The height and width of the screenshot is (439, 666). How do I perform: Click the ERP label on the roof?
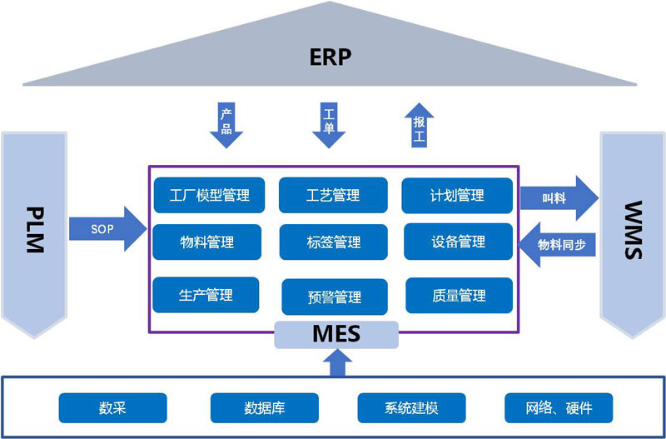pyautogui.click(x=331, y=57)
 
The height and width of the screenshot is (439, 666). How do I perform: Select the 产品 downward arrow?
pyautogui.click(x=226, y=124)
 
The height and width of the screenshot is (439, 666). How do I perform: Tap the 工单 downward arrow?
pyautogui.click(x=329, y=124)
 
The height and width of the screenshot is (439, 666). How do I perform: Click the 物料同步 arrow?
pyautogui.click(x=556, y=244)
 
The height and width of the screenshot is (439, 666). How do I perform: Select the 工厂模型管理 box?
pyautogui.click(x=209, y=196)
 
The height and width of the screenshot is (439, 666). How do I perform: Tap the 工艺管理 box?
pyautogui.click(x=333, y=196)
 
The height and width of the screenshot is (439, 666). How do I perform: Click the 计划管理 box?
pyautogui.click(x=456, y=196)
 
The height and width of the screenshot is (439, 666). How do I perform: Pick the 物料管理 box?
pyautogui.click(x=207, y=242)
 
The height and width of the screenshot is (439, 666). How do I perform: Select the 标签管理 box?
pyautogui.click(x=333, y=242)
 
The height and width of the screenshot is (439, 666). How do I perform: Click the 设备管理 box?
pyautogui.click(x=458, y=242)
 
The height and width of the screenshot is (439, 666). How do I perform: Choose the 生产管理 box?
pyautogui.click(x=206, y=295)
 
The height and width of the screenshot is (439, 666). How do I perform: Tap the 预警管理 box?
pyautogui.click(x=335, y=297)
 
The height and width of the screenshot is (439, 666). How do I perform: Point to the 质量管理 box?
pyautogui.click(x=459, y=295)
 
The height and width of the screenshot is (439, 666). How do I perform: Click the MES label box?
pyautogui.click(x=336, y=334)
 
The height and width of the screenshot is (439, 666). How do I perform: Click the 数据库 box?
pyautogui.click(x=266, y=408)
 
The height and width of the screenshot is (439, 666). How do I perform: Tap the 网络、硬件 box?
pyautogui.click(x=559, y=408)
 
